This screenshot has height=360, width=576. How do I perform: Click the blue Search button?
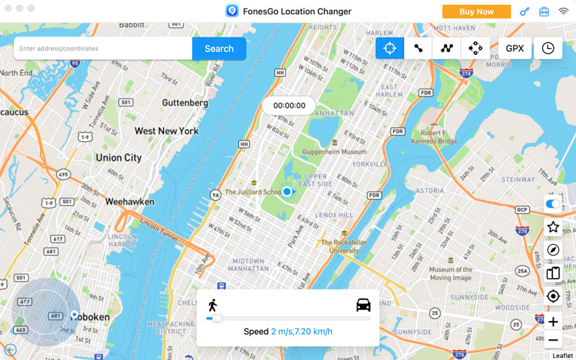(x=219, y=49)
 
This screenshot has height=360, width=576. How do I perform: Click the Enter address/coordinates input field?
(x=103, y=49)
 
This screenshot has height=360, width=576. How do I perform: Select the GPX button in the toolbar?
(x=515, y=48)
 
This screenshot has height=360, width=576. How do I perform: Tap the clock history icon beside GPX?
(x=548, y=48)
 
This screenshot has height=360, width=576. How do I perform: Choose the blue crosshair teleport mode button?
(x=390, y=48)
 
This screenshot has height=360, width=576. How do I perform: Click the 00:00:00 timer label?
(x=288, y=105)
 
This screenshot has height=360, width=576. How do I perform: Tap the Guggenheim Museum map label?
(x=325, y=152)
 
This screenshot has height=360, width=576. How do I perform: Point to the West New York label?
(x=166, y=131)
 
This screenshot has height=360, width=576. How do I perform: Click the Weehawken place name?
(x=130, y=202)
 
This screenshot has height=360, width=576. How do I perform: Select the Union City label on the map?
(x=119, y=158)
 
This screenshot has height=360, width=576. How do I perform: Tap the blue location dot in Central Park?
(x=287, y=192)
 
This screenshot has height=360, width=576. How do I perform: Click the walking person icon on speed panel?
(x=212, y=305)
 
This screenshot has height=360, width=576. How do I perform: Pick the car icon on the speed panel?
(x=364, y=305)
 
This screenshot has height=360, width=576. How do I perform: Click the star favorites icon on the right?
(x=553, y=227)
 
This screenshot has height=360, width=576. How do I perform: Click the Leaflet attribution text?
(x=562, y=355)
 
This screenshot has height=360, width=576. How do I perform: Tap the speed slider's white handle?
(x=217, y=318)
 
